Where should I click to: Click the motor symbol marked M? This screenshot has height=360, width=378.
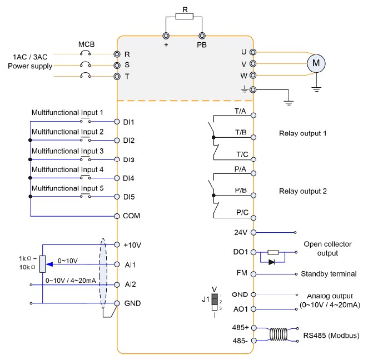[x=316, y=63]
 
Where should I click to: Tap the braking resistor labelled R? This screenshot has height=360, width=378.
[x=185, y=16]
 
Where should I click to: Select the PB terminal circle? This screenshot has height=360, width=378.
[x=202, y=36]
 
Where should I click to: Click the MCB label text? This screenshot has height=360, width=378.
[x=86, y=44]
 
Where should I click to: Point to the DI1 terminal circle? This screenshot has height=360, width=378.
[x=117, y=122]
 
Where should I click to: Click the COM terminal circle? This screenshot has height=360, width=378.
[x=117, y=216]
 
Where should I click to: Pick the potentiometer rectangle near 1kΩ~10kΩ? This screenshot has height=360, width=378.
[x=43, y=264]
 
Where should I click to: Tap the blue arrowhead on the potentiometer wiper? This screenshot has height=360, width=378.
[x=49, y=264]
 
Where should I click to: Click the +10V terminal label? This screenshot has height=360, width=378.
[x=132, y=245]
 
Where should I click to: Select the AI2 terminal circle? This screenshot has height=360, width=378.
[x=117, y=284]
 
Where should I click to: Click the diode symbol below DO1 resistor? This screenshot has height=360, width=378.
[x=272, y=262]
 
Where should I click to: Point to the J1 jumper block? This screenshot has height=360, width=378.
[x=215, y=302]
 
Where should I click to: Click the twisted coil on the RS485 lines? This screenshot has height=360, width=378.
[x=278, y=334]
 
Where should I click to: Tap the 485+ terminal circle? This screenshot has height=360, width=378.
[x=253, y=328]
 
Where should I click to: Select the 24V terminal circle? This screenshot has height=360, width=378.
[x=253, y=233]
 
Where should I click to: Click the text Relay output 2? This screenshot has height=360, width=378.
[x=303, y=191]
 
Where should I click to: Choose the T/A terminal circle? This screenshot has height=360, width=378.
[x=253, y=116]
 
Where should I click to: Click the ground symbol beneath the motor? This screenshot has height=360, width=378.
[x=316, y=89]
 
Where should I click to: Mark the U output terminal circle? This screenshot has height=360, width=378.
[x=253, y=52]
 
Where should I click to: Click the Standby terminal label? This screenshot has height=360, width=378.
[x=329, y=274]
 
